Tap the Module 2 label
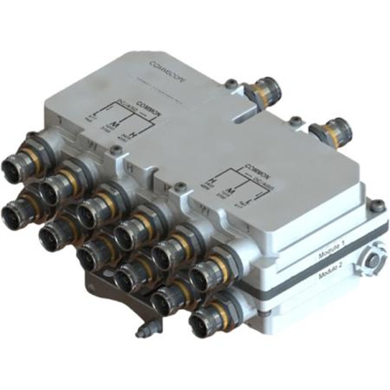(x=330, y=270)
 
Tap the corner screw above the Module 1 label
(x=377, y=205)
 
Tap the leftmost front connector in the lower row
(x=12, y=213)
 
